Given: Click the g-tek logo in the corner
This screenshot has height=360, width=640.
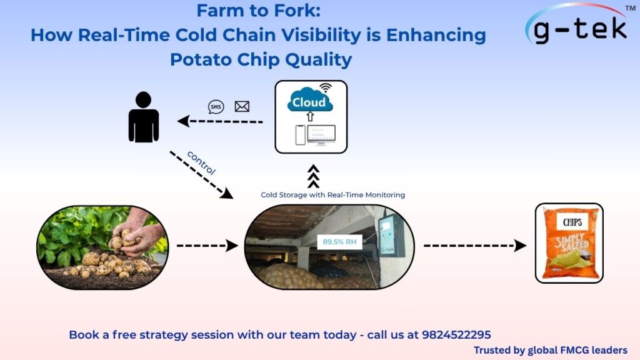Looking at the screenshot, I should click(x=576, y=26).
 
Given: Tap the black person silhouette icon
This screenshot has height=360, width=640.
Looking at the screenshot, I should click(x=143, y=117).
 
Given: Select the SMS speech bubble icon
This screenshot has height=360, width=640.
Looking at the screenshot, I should click(x=216, y=107).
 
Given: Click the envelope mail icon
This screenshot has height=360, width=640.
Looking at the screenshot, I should click(x=242, y=107).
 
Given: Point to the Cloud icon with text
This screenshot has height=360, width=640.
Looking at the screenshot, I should click(x=310, y=102).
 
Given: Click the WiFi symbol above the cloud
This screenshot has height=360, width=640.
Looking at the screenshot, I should click(x=325, y=87).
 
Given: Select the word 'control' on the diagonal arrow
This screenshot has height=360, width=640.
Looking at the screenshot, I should click(x=201, y=162).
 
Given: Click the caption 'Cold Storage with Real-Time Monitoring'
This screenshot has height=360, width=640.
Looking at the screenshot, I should click(x=332, y=195).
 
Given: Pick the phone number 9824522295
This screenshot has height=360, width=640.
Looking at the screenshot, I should click(x=464, y=334).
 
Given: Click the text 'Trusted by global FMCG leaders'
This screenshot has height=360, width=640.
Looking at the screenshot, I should click(x=550, y=350).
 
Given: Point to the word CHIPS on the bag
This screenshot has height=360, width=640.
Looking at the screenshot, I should click(x=572, y=222).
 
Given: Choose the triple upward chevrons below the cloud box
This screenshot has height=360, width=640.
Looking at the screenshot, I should click(x=314, y=177).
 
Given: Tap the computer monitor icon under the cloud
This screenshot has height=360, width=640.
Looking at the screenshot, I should click(x=321, y=134).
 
